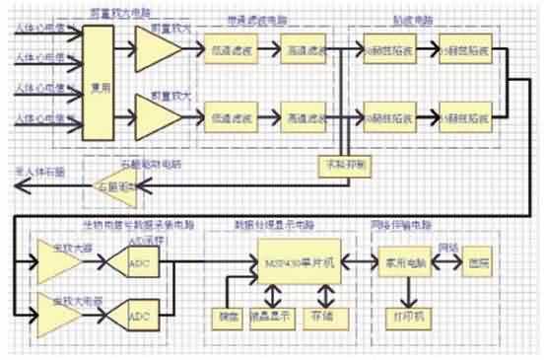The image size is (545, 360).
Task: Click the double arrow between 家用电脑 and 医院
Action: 441,263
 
